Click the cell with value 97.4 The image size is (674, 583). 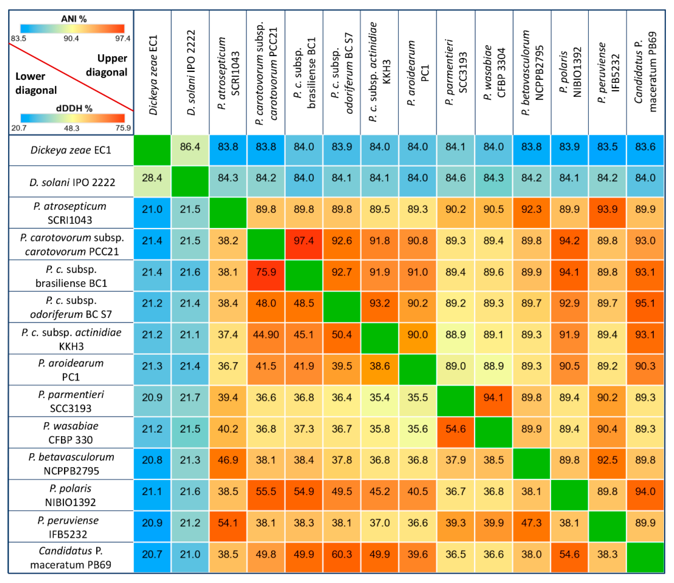click(304, 241)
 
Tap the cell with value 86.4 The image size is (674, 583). click(190, 147)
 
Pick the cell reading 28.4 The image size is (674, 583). click(152, 178)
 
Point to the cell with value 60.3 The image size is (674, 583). click(341, 554)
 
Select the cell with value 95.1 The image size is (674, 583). click(645, 303)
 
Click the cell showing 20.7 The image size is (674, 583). click(152, 554)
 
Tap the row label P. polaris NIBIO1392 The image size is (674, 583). click(71, 495)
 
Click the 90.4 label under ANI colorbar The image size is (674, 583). click(71, 38)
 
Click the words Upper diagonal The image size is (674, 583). click(107, 65)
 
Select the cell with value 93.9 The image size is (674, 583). click(607, 209)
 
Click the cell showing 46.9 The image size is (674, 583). click(228, 460)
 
